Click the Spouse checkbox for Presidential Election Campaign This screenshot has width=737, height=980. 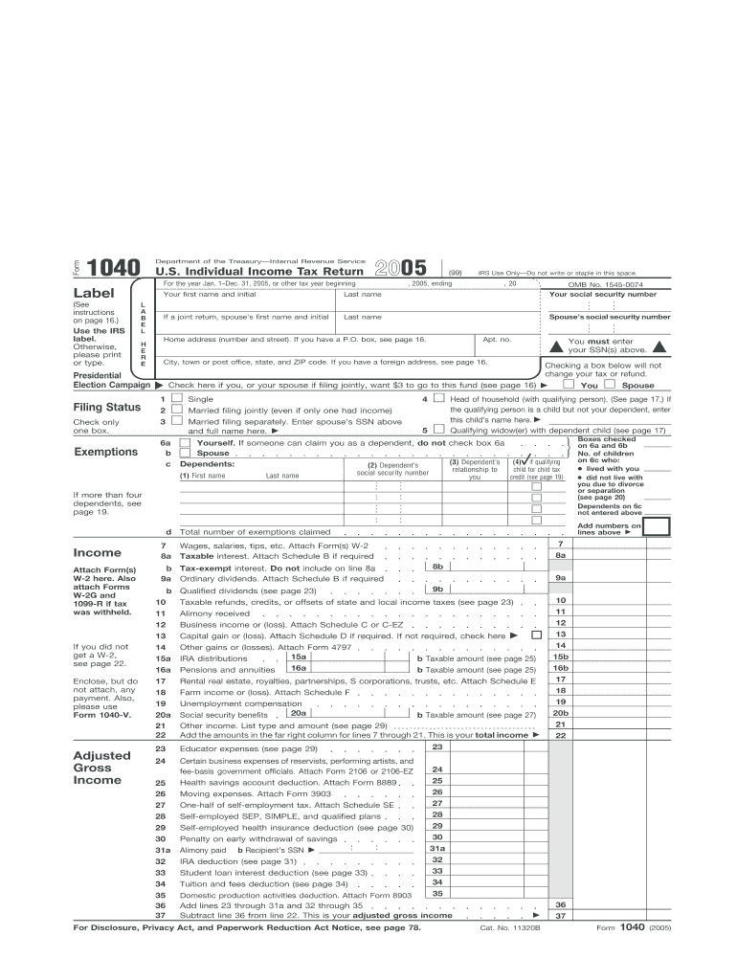tap(610, 385)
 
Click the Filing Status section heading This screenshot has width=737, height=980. tap(107, 408)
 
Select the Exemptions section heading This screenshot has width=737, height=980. tap(106, 452)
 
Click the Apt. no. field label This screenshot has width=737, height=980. tap(497, 340)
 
